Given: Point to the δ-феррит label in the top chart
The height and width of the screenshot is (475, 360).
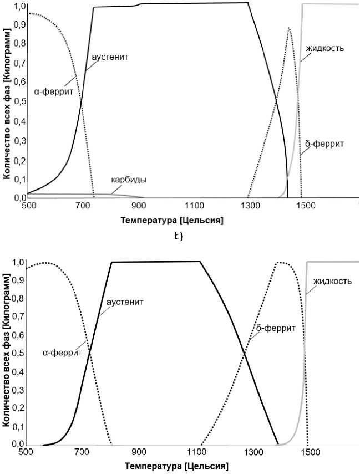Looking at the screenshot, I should (324, 144).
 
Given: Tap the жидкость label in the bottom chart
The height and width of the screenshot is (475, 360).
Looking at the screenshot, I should (332, 281).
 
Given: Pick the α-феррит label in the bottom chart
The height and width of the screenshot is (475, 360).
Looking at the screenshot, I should (62, 352).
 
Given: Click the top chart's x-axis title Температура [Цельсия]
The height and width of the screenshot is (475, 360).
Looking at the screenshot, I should (171, 221).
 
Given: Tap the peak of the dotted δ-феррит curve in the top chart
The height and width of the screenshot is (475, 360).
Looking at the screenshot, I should (289, 28).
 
